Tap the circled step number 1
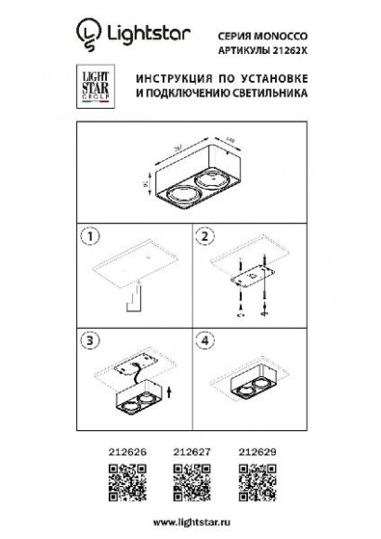(89, 239)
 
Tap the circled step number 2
(203, 239)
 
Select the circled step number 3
(89, 342)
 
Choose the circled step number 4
(203, 342)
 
